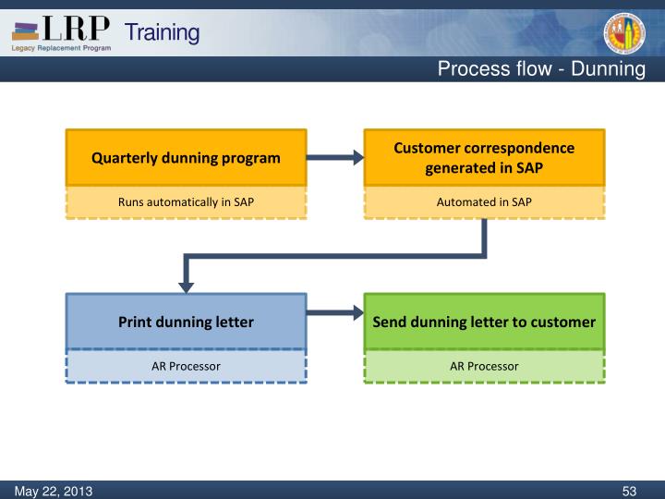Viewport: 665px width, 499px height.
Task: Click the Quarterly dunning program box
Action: [186, 158]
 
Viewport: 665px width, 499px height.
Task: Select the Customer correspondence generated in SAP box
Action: [484, 158]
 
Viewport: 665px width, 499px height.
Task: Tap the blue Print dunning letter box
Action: [186, 322]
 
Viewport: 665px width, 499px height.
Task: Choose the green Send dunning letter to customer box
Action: [484, 322]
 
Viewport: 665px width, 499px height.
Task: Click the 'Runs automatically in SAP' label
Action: [186, 202]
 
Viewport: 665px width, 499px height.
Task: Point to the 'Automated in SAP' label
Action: [484, 202]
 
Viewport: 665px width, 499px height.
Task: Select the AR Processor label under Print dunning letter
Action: [186, 366]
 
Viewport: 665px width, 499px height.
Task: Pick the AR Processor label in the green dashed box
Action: [484, 366]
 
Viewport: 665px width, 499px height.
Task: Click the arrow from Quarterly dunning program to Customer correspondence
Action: [335, 158]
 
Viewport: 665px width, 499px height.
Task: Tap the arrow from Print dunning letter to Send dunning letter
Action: [335, 313]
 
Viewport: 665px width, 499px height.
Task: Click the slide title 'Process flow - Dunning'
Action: [540, 69]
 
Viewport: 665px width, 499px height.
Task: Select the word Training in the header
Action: [162, 32]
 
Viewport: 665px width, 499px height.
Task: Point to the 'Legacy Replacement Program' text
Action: [61, 48]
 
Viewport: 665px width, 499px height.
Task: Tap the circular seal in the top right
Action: [624, 33]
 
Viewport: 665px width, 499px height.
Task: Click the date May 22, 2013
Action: [53, 490]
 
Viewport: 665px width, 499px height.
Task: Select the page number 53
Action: [630, 490]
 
